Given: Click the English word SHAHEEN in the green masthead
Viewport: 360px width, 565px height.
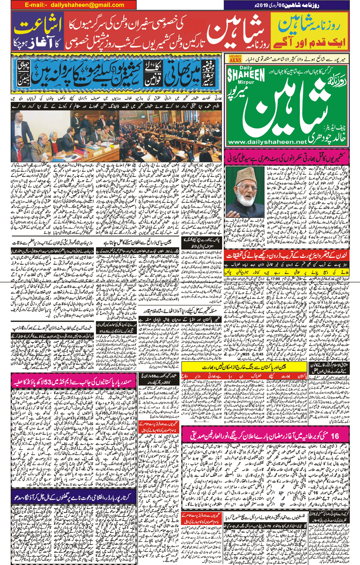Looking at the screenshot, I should tap(246, 75).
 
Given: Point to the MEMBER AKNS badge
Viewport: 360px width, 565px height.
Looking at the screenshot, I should tap(235, 59).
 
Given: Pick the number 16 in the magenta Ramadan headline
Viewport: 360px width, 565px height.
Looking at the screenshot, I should tap(335, 436).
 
